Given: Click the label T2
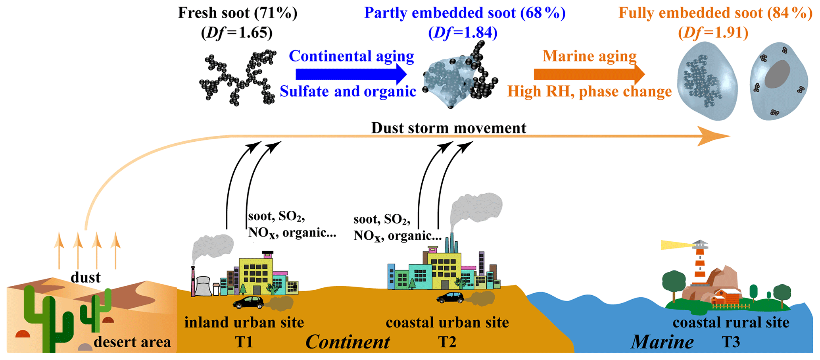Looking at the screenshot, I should tap(447, 342).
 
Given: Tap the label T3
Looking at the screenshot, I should tap(730, 342).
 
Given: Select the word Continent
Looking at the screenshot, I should tap(348, 342).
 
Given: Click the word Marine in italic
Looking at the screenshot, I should tap(662, 342).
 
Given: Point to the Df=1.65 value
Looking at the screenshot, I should tap(237, 33).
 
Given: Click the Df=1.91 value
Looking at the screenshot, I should tap(713, 33).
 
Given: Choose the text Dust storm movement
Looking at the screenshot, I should tap(449, 128).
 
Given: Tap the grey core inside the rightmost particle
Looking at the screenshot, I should tap(777, 74).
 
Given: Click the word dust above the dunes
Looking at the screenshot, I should tap(85, 277).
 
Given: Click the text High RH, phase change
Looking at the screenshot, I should tap(590, 92).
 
